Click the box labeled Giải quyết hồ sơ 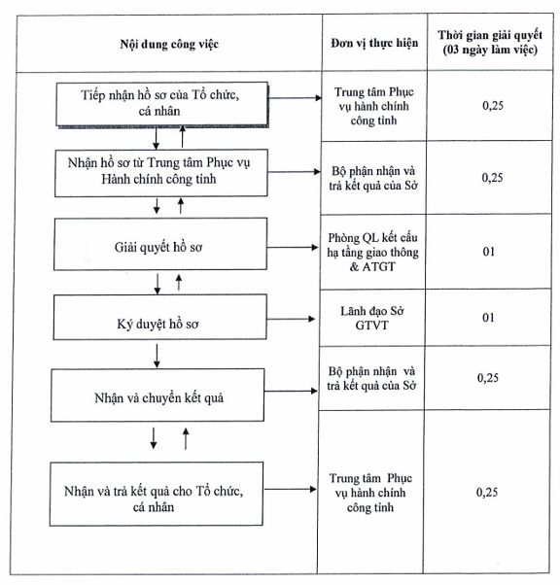coord(160,244)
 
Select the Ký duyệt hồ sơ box coord(160,317)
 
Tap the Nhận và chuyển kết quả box coord(157,396)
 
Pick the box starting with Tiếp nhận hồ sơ coord(162,104)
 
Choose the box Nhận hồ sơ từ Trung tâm coord(161,173)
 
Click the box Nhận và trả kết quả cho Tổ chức coord(157,494)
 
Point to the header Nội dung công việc coord(169,44)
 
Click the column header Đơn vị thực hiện coord(374,44)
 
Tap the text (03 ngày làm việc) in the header coord(490,50)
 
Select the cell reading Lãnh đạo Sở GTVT coord(371,318)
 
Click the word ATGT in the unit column coord(378,267)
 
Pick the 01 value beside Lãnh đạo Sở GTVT coord(488,318)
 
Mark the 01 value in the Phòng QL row coord(489,252)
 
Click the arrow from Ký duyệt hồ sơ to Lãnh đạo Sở coord(291,319)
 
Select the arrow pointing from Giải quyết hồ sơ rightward coord(293,248)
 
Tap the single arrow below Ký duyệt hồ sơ coord(157,356)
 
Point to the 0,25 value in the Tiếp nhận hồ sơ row coord(493,106)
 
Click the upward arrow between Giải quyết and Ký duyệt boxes coord(179,283)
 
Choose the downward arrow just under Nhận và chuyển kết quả coord(154,438)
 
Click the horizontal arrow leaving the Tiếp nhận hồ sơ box coord(296,98)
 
